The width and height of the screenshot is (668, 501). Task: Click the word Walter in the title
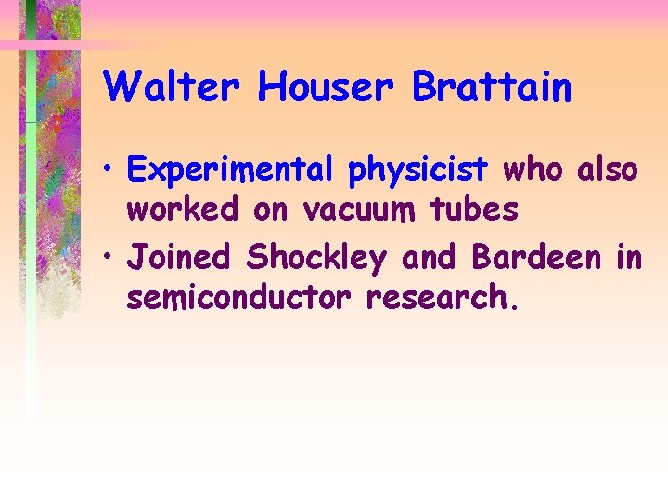[173, 88]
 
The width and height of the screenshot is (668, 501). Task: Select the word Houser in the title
[328, 88]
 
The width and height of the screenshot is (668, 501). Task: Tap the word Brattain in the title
[492, 88]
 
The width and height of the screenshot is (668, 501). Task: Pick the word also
[608, 171]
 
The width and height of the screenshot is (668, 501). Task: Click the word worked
[182, 211]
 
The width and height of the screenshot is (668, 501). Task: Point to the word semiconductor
[240, 299]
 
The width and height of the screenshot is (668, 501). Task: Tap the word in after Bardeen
[628, 257]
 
